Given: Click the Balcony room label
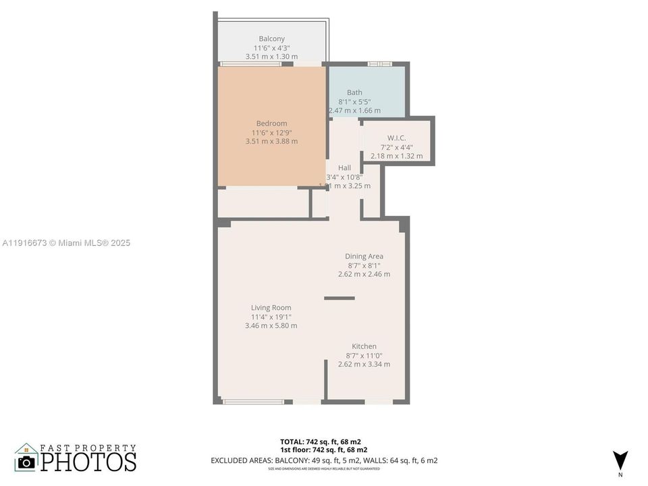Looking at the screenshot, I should (x=271, y=38).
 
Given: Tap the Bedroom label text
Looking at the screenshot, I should (x=271, y=124).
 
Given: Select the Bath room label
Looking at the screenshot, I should (x=354, y=92).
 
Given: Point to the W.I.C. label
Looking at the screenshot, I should (x=396, y=138).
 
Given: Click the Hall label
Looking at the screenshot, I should (x=344, y=168).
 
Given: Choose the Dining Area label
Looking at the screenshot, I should (x=364, y=256).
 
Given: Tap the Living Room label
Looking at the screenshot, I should (x=271, y=308).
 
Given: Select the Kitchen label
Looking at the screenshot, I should (x=364, y=346).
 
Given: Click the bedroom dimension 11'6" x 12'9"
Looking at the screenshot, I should (x=271, y=133).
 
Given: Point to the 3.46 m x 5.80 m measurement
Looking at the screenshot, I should (x=271, y=325).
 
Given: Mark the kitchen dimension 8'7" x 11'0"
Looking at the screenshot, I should (x=364, y=356).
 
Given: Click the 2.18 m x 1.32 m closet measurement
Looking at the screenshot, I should (x=396, y=156).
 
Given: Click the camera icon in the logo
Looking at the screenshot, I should (x=26, y=462).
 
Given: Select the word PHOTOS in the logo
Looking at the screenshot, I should (x=88, y=462).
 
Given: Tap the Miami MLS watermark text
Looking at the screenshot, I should (x=65, y=243).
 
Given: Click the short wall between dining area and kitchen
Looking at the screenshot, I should (x=339, y=298).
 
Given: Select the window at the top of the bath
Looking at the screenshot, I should (x=380, y=64).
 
